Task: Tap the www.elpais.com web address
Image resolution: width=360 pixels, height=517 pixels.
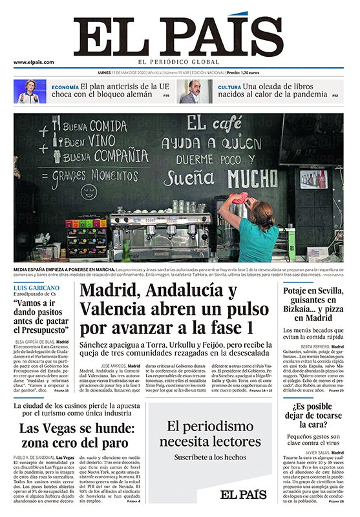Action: coord(33,62)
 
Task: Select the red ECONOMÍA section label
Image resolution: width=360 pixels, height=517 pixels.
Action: coord(65,87)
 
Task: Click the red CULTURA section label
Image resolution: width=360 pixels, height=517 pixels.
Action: coord(229,87)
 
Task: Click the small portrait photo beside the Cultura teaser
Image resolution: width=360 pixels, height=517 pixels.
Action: coord(190,91)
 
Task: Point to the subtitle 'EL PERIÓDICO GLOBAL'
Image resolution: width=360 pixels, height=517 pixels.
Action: coord(179,62)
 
